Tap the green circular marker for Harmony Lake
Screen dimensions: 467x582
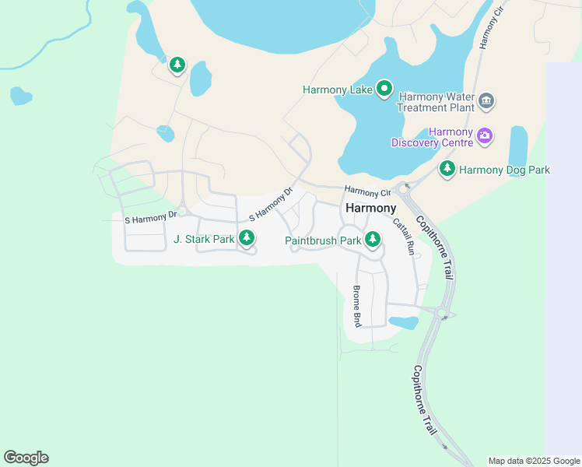384,89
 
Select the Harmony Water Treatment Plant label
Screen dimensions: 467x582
435,102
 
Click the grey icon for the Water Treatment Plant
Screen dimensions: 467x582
487,100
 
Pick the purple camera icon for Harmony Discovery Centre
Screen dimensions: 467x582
486,136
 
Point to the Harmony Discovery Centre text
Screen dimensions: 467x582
432,137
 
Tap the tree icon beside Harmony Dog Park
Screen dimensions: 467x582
447,168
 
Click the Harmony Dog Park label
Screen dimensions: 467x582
504,170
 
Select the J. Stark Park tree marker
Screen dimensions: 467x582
247,237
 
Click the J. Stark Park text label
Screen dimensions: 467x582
204,240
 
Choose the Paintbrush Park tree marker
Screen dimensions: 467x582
373,240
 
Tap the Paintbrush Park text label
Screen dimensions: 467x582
323,241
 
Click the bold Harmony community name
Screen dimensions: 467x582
370,209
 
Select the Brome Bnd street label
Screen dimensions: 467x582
357,305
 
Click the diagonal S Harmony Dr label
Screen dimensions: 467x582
271,204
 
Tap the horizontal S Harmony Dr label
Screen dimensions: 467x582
151,220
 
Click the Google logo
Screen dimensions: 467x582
26,458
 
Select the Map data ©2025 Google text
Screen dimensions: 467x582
534,461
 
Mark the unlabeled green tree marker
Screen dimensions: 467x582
177,65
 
